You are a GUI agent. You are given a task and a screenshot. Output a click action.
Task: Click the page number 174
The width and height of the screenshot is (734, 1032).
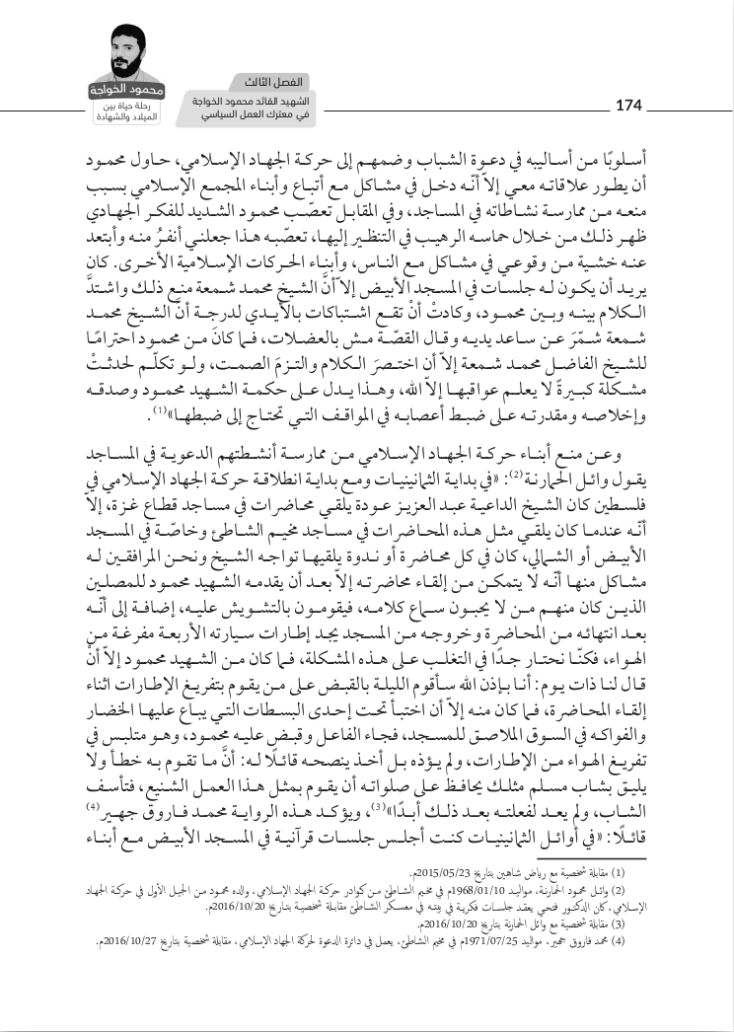coord(628,105)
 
